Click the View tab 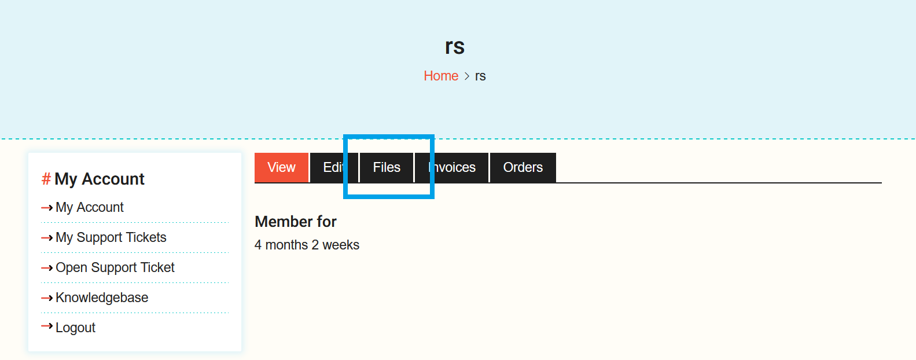(281, 167)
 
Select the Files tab (387, 167)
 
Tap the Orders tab (523, 167)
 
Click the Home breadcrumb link (441, 76)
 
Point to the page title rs (455, 46)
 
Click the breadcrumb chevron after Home (467, 76)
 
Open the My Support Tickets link (111, 237)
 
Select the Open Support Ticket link (115, 267)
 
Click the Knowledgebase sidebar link (102, 297)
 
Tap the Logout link (75, 328)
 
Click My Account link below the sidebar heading (89, 207)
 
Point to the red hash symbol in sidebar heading (46, 179)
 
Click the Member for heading (296, 222)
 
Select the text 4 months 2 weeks (307, 245)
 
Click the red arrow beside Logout (47, 326)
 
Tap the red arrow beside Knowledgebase (47, 297)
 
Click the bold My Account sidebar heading (100, 179)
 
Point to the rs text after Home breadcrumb (480, 76)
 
